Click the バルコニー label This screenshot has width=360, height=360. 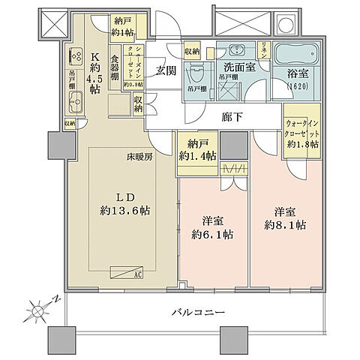click(196, 311)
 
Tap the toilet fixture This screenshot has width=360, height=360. click(197, 71)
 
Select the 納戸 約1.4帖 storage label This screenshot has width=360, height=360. click(197, 150)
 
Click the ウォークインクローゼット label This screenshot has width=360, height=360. click(304, 133)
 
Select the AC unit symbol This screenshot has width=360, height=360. click(127, 273)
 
